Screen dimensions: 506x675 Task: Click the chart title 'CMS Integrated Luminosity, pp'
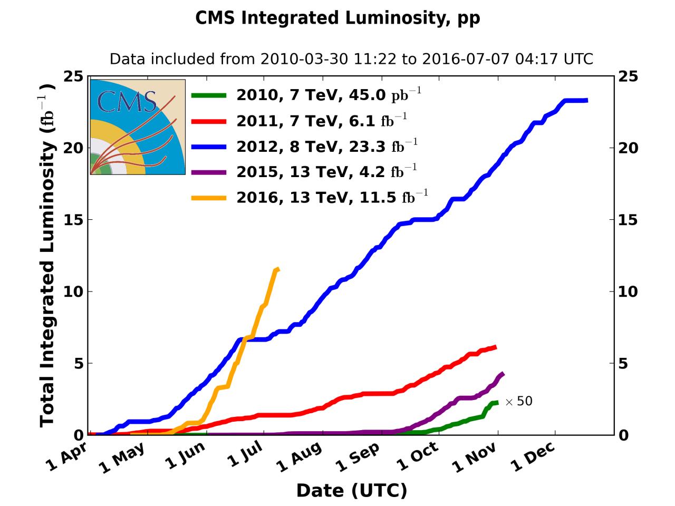pos(337,18)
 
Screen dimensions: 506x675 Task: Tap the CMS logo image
pos(138,127)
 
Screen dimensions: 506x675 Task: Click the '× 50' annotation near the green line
pos(519,402)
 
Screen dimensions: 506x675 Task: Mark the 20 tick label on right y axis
pos(628,148)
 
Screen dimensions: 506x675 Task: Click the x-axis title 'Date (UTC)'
pos(352,490)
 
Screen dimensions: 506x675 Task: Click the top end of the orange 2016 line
pos(277,269)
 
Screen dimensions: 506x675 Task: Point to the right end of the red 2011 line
pos(495,347)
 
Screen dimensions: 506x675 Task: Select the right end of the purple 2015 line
pos(503,374)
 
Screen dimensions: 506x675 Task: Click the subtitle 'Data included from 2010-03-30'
pos(351,59)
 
